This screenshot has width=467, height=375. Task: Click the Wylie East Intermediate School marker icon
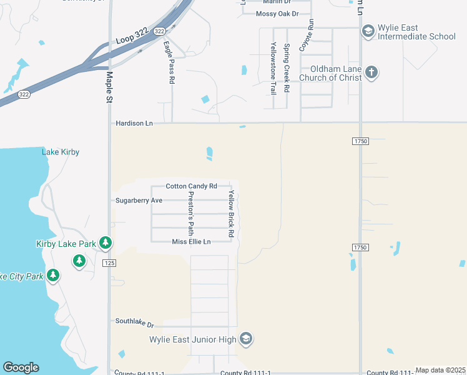point(368,30)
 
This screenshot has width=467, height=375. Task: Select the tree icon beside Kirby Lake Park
point(106,242)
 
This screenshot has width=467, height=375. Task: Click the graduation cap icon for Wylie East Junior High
point(246,338)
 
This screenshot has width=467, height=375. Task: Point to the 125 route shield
point(109,263)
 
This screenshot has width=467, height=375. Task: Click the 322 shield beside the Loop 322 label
point(159,31)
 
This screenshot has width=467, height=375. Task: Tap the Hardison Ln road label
point(134,124)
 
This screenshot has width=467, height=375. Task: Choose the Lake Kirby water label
point(61,152)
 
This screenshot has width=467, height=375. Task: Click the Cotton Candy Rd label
point(191,186)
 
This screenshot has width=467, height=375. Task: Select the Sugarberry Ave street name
point(139,201)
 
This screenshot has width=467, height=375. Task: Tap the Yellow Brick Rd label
point(231,214)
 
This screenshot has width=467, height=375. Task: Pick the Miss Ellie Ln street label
point(191,242)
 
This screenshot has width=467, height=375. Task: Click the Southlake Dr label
point(134,321)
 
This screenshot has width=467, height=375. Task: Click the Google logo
point(21,367)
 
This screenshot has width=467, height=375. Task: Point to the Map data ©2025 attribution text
point(440,371)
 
